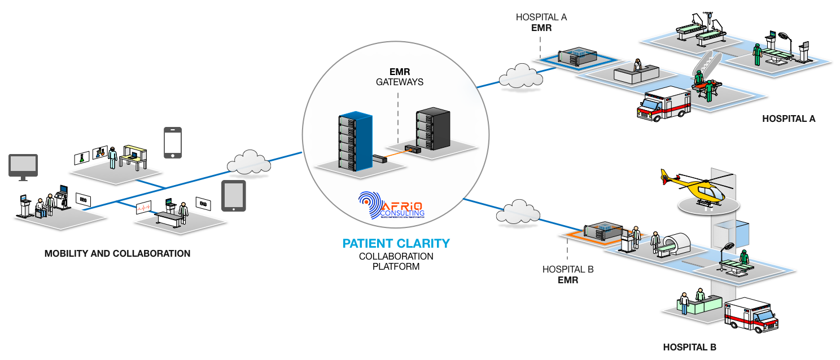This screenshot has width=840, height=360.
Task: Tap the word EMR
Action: tap(400, 72)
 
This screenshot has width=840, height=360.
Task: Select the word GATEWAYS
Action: tap(400, 82)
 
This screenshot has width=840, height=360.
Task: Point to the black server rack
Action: tap(432, 130)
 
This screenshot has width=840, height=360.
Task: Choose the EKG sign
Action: tap(203, 203)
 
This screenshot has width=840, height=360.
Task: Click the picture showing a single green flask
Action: tap(82, 157)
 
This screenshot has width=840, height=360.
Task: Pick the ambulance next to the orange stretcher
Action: tap(663, 104)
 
